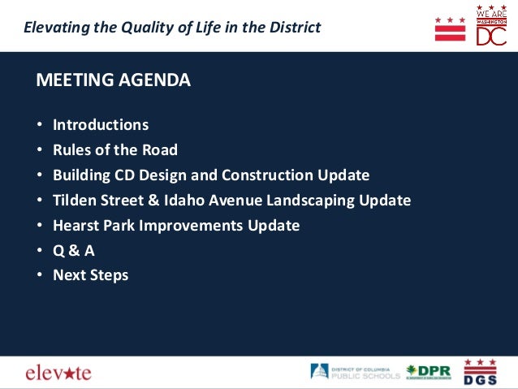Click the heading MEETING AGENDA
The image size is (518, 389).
tap(114, 80)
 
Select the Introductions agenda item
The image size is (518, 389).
tap(101, 125)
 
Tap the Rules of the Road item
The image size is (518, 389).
tap(114, 150)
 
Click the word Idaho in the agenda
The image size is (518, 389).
tap(188, 200)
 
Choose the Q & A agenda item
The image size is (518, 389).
tap(74, 250)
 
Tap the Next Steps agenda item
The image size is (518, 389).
tap(90, 275)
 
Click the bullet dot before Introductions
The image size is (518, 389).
tap(39, 126)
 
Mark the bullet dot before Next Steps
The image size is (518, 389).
tap(39, 276)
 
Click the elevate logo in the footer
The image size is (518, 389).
tap(58, 373)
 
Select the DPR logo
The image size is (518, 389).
tap(428, 372)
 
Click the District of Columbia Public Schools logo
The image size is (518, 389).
tap(355, 372)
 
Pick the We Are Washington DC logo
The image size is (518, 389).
tap(491, 25)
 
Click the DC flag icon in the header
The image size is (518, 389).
tap(450, 28)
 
